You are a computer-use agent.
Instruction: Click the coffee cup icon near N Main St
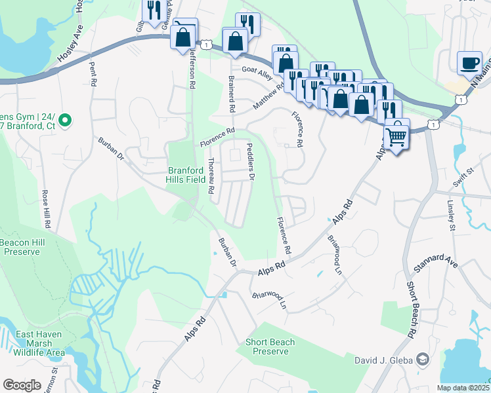coord(469,63)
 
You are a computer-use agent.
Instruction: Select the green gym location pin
coord(64,120)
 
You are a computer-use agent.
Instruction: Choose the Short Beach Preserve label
coord(270,346)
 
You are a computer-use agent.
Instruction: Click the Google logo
coord(22,385)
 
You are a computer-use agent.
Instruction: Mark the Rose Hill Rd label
coord(46,209)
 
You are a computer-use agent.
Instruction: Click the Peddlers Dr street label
coord(249,162)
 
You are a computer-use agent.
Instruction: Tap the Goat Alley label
coord(257,69)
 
